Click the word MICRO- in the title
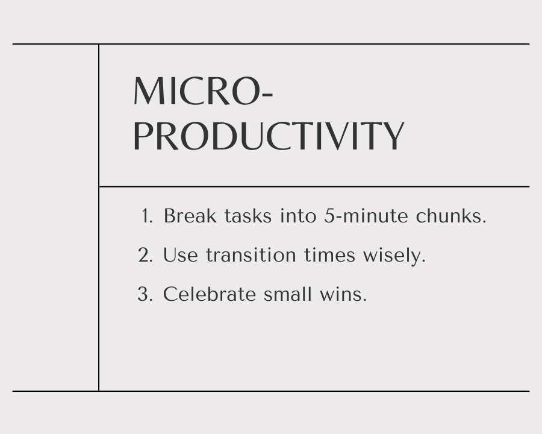pos(204,91)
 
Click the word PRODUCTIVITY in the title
pos(269,136)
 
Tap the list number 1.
pos(147,216)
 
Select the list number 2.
pos(145,255)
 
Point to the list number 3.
pos(145,294)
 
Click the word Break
pos(190,216)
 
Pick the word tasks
pos(248,216)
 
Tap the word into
pos(298,216)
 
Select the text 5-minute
pos(366,216)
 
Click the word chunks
pos(451,216)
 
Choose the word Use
pos(181,255)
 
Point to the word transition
pos(251,255)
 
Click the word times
pos(330,255)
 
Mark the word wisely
pos(394,256)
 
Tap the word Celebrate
pos(210,294)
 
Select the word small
pos(288,294)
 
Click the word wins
pos(343,295)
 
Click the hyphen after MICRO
pos(267,94)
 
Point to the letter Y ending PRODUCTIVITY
pos(393,136)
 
